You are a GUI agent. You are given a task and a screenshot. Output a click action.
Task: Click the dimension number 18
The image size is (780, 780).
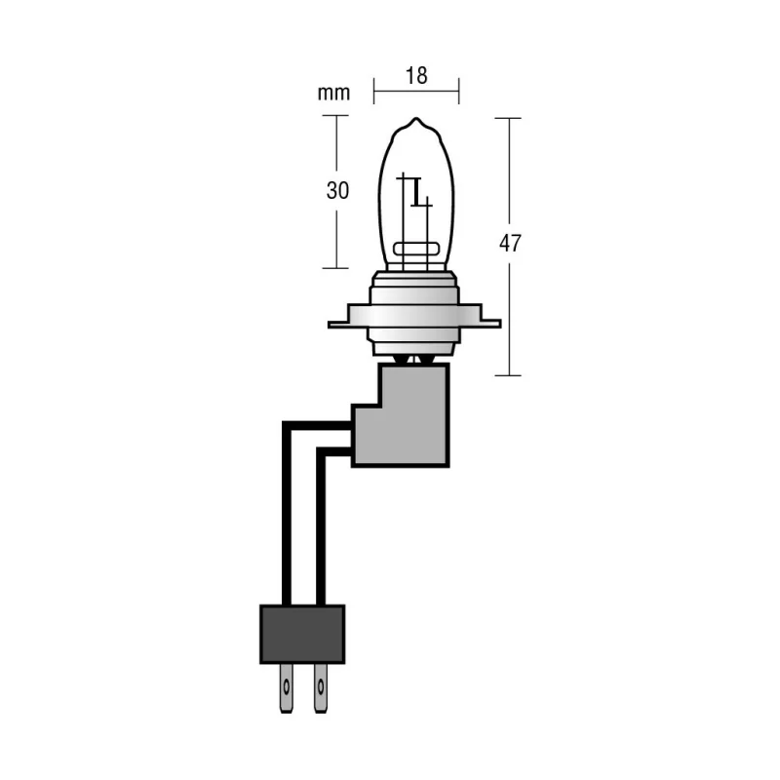[416, 76]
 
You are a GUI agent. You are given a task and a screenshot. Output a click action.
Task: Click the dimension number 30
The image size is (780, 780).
[337, 190]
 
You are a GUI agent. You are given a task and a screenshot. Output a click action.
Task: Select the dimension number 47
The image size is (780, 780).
[510, 243]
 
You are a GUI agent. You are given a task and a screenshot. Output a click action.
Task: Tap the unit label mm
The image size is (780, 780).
[333, 93]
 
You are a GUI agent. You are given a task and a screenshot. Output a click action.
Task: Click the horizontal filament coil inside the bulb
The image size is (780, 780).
[416, 249]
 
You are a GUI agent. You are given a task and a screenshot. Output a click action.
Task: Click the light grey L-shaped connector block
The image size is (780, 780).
[401, 415]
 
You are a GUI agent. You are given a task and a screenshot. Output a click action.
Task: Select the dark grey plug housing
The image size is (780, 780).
[302, 635]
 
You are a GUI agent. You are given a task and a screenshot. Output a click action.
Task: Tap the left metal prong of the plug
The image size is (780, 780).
[286, 688]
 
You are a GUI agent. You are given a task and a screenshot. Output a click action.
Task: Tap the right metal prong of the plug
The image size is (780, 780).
[321, 688]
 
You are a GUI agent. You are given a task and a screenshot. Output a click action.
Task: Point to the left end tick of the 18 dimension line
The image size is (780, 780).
[374, 91]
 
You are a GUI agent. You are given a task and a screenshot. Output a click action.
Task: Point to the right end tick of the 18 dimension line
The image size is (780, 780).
[458, 91]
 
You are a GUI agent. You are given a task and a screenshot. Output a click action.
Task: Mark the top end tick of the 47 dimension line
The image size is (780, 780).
[508, 118]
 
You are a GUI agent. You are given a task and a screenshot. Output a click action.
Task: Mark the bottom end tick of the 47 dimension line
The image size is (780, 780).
[508, 375]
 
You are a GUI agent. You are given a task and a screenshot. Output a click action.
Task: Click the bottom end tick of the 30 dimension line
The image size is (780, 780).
[335, 268]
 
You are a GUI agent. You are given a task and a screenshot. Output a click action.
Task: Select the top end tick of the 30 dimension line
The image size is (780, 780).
[335, 115]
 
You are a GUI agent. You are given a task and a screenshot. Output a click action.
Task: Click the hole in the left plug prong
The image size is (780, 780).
[286, 687]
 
